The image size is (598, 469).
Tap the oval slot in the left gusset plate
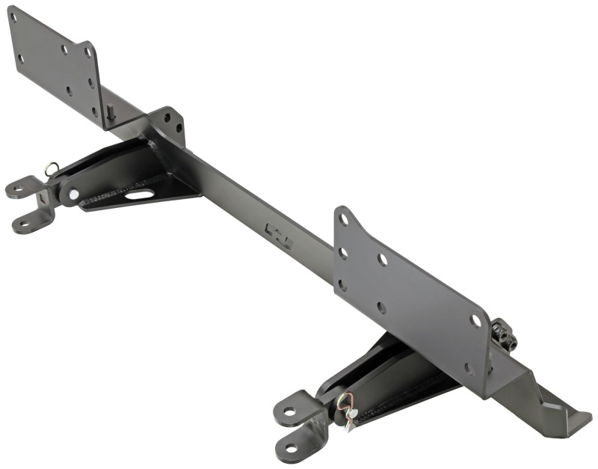(140, 194)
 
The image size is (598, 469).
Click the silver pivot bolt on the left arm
(73, 194)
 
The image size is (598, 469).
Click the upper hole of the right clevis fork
(288, 410)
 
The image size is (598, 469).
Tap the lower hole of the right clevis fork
(292, 448)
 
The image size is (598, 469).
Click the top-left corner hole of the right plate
(343, 220)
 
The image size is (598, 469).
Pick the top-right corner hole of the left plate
(87, 52)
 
